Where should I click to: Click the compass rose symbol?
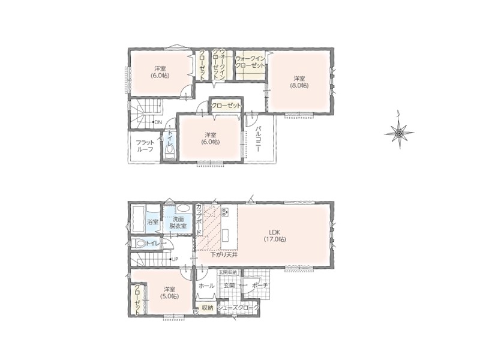tap(399, 133)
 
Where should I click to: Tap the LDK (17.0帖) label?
tap(275, 236)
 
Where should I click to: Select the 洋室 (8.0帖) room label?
tap(299, 82)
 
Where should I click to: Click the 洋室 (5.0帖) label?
tap(169, 293)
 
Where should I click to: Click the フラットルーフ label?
tap(145, 146)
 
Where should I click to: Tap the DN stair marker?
tap(158, 122)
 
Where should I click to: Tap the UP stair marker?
tap(175, 259)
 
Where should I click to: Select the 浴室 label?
tap(153, 222)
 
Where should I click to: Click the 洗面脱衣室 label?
tap(178, 223)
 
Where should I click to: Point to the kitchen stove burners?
tap(226, 212)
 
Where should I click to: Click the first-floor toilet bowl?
tap(140, 244)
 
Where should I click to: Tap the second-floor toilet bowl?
tap(169, 149)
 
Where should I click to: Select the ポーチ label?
tap(260, 286)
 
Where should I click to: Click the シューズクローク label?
tap(238, 307)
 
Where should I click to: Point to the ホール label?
tap(206, 286)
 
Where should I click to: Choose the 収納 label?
tap(207, 308)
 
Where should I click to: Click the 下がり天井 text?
tap(224, 254)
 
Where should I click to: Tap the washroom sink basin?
tap(184, 209)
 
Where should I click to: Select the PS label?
tap(196, 312)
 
